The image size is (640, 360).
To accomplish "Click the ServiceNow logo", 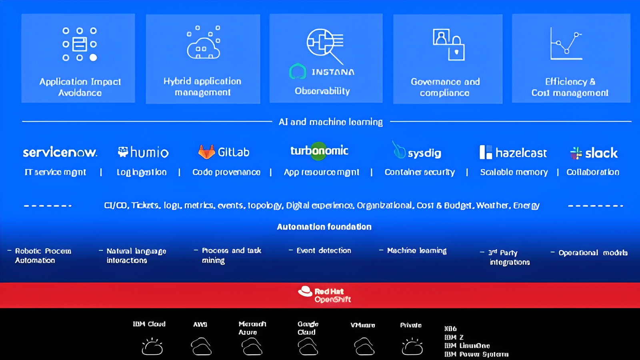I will pyautogui.click(x=60, y=152).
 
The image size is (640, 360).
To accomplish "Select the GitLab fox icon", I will pyautogui.click(x=206, y=152).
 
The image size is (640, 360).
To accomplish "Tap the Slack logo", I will pyautogui.click(x=594, y=153).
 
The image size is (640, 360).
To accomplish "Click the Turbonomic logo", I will pyautogui.click(x=319, y=151).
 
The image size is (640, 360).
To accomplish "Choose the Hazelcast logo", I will pyautogui.click(x=513, y=152).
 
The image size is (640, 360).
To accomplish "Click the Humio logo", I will pyautogui.click(x=143, y=152).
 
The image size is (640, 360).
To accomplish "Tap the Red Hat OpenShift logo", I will pyautogui.click(x=324, y=295).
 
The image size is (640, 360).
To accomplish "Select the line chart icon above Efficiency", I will pyautogui.click(x=566, y=44).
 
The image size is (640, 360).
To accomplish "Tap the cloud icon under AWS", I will pyautogui.click(x=201, y=346).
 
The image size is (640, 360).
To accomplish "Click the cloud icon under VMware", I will pyautogui.click(x=364, y=346).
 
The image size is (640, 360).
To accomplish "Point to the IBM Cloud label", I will pyautogui.click(x=149, y=324).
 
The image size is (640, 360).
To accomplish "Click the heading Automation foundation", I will pyautogui.click(x=324, y=227).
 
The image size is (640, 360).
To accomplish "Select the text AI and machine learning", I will pyautogui.click(x=330, y=122).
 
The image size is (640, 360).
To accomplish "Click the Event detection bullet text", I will pyautogui.click(x=324, y=251).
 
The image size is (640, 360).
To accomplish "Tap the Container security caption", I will pyautogui.click(x=420, y=172).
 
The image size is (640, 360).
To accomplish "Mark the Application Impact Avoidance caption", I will pyautogui.click(x=80, y=87).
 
